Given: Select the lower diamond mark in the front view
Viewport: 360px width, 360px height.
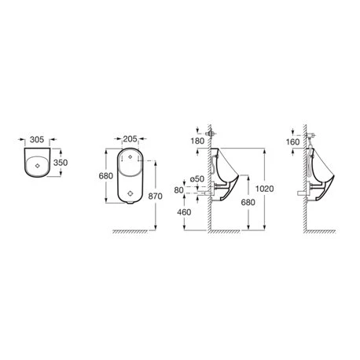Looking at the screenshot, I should (131, 192).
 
